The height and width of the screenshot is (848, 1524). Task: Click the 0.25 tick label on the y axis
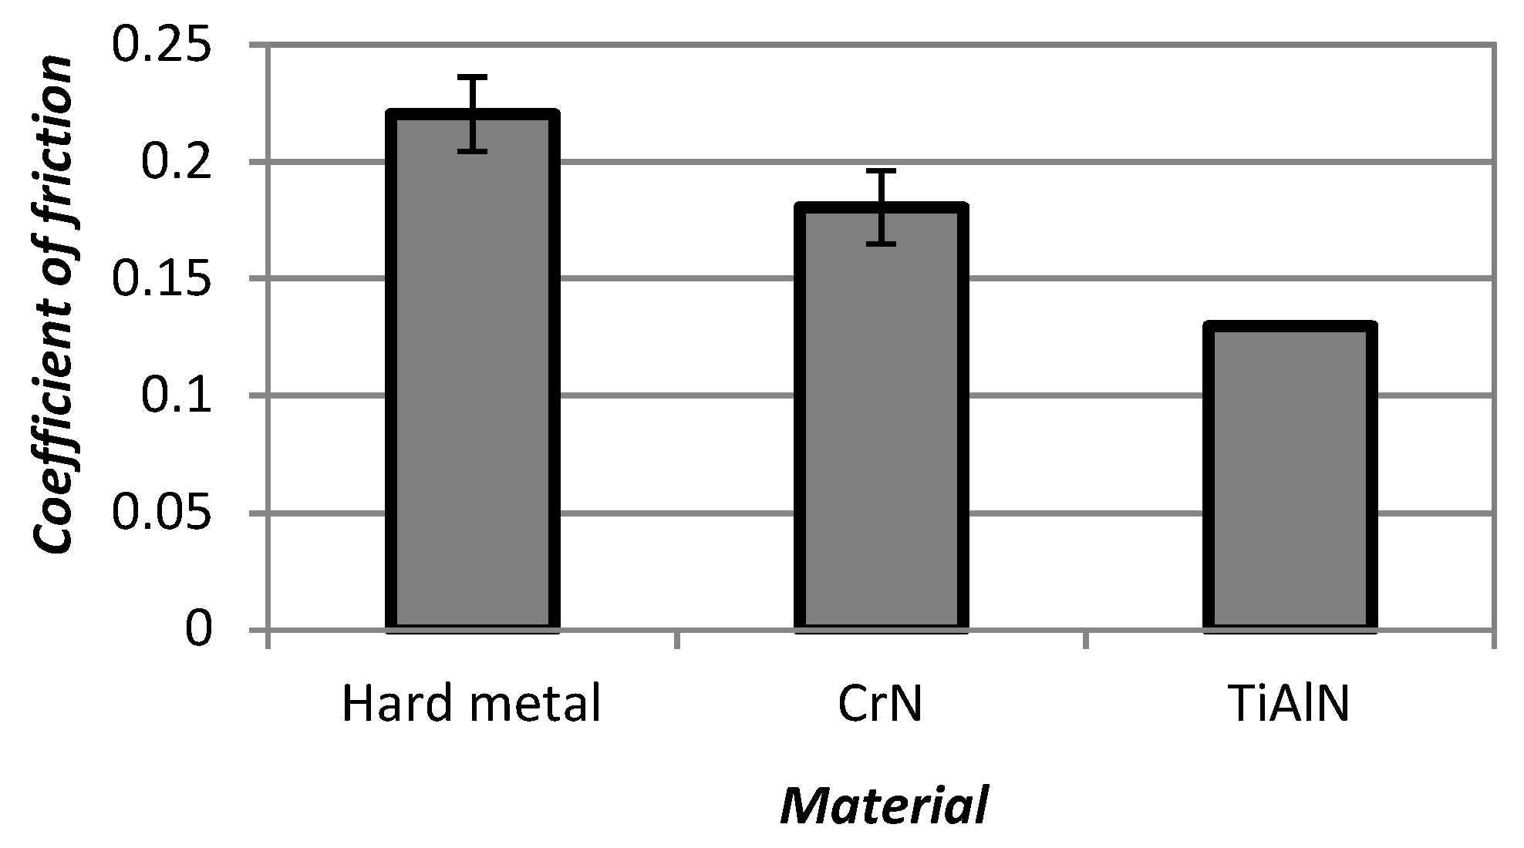click(162, 45)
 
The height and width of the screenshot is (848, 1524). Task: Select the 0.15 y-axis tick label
click(162, 279)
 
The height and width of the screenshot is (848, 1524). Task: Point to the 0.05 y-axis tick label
click(162, 513)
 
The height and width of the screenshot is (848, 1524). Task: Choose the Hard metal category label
click(470, 703)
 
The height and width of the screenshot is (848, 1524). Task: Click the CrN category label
click(880, 703)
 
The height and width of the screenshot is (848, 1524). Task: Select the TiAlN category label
click(1289, 703)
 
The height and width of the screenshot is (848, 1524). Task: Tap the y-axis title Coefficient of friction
click(54, 305)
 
